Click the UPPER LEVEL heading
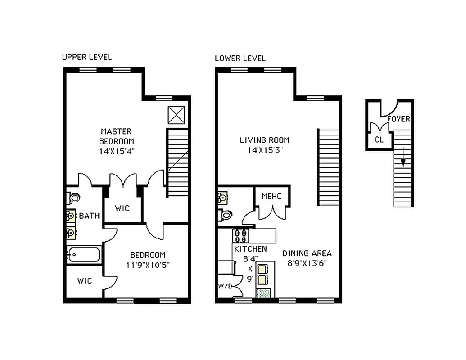coord(86,57)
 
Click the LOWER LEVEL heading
coord(240,58)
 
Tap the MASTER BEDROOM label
coord(116,136)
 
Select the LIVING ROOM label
coord(264,140)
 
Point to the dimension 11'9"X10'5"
coord(148,265)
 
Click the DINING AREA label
coord(307,253)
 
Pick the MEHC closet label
coord(272,197)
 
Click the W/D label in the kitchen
coord(224,286)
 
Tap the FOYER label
coord(398,119)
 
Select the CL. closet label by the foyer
coord(380,139)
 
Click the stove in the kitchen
coord(240,235)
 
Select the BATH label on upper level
coord(89,216)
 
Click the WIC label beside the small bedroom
coord(84,281)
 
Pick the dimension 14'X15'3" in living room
coord(264,150)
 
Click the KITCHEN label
coord(250,249)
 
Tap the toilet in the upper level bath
coord(73,197)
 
